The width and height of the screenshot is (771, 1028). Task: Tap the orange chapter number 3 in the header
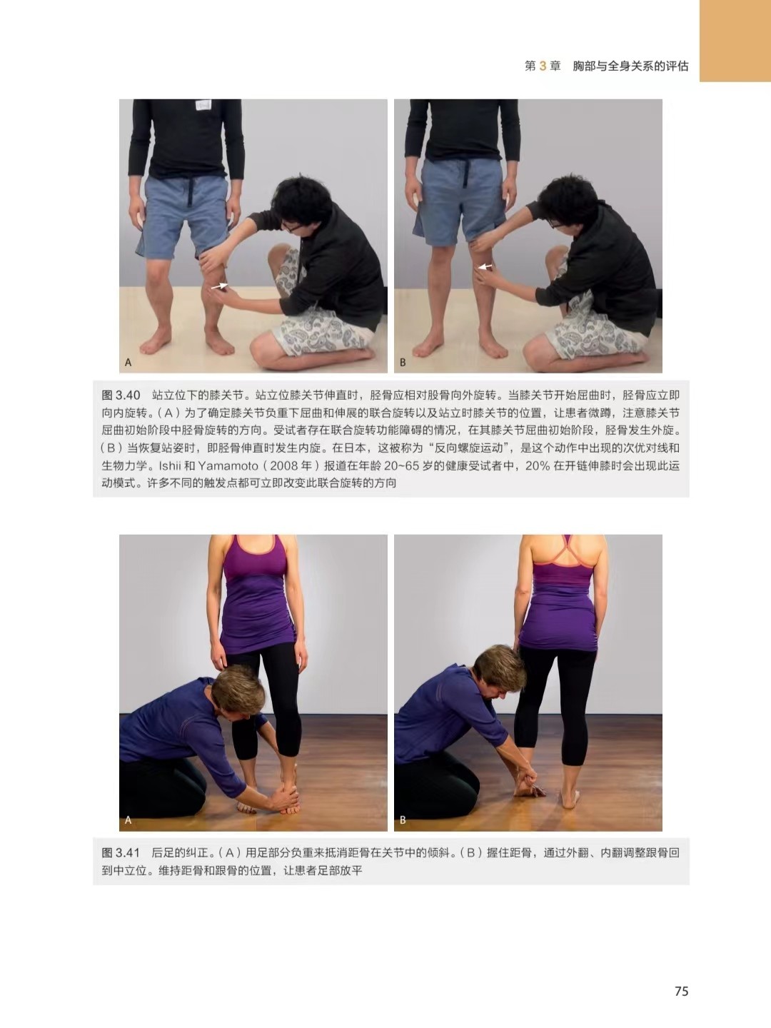[543, 66]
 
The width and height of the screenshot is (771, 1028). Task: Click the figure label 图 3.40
[121, 395]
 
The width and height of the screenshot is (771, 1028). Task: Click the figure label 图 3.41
[121, 853]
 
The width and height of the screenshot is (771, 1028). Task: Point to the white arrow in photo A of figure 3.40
[219, 286]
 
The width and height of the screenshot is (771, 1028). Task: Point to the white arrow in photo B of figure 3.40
[485, 266]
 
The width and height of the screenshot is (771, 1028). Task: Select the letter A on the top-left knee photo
[128, 362]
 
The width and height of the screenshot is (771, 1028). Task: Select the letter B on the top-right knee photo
[403, 362]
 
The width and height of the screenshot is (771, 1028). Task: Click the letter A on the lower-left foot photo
[128, 820]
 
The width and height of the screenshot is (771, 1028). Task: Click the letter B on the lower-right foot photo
[403, 820]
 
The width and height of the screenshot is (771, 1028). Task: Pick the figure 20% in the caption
[538, 466]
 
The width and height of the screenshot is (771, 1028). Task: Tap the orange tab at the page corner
[735, 41]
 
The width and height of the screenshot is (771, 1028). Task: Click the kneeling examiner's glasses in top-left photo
[291, 227]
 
